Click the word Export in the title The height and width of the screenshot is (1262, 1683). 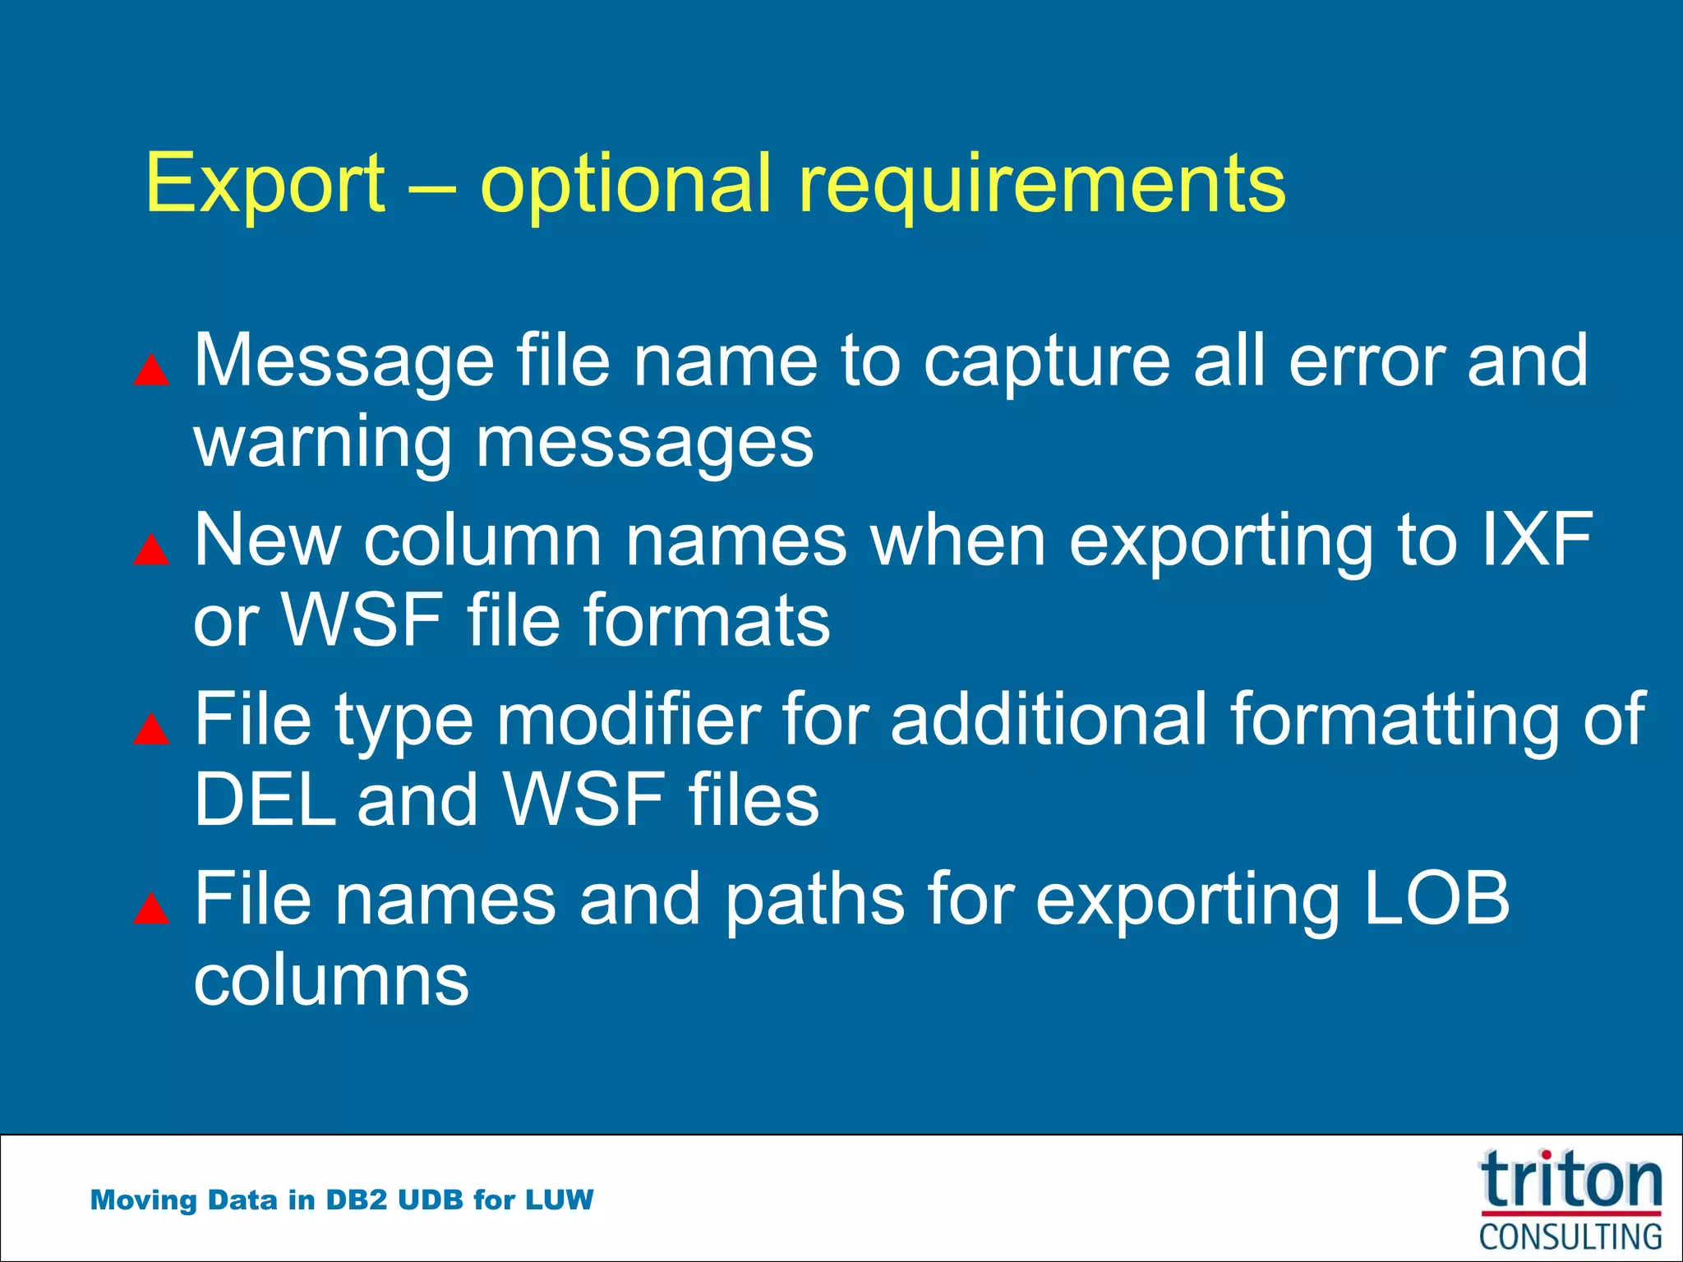click(x=265, y=184)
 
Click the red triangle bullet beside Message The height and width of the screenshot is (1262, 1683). click(x=151, y=371)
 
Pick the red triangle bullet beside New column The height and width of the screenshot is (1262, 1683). click(x=151, y=550)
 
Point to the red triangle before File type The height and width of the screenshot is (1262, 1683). click(x=151, y=730)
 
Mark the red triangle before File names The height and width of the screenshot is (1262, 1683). click(x=151, y=910)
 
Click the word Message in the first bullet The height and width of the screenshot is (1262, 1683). click(x=344, y=362)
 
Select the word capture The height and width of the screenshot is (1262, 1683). click(x=1047, y=362)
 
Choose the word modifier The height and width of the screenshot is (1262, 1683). click(x=628, y=720)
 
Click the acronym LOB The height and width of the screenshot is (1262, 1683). click(x=1436, y=898)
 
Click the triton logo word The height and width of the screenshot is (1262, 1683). click(x=1570, y=1181)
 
